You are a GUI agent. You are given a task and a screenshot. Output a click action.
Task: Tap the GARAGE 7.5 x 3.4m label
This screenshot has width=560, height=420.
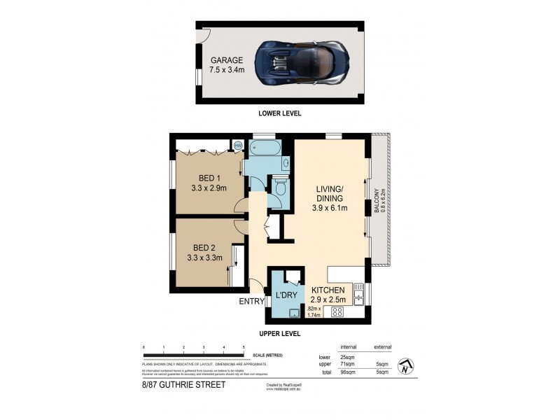click(x=227, y=65)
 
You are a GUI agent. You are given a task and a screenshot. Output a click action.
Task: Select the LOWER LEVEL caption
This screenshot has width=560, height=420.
click(x=279, y=113)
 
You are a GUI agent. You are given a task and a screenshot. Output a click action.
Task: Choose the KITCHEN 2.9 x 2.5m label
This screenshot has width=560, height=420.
click(x=329, y=295)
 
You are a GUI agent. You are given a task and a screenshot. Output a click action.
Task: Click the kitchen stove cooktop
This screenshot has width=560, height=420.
click(x=336, y=312)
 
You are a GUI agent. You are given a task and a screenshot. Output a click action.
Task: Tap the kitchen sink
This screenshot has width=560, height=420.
click(x=358, y=297)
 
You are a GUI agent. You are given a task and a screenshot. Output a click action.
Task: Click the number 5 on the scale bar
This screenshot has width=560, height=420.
click(x=244, y=347)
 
